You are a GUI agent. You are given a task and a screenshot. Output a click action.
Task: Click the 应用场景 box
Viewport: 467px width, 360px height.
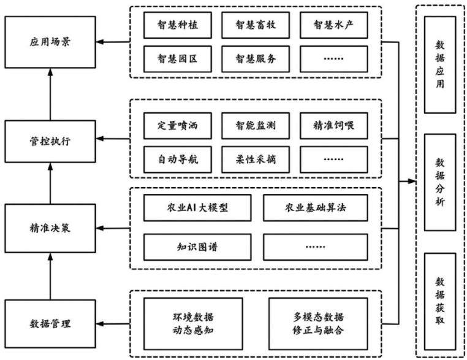[50, 42]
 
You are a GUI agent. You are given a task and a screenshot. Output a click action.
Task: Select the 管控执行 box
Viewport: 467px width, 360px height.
[50, 141]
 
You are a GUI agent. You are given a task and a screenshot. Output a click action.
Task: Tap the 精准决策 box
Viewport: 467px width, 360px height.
[50, 228]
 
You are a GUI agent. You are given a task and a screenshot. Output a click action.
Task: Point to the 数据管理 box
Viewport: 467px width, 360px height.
[50, 324]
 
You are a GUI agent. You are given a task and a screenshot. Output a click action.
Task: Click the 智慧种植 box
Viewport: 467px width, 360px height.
[178, 25]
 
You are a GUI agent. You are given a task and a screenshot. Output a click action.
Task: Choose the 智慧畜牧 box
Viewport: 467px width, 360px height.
[256, 25]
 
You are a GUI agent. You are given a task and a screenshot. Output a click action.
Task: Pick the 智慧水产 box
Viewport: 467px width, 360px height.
[334, 25]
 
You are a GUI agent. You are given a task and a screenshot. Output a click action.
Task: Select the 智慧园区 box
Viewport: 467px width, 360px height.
[178, 59]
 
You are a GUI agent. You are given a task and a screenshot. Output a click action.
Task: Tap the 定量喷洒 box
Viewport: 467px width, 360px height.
[178, 126]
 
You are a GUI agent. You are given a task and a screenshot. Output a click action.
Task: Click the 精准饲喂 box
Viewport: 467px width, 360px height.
[334, 126]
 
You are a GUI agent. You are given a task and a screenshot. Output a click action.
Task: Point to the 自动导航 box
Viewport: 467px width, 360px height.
[178, 159]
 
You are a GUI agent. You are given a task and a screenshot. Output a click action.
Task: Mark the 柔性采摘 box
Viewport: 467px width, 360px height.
[256, 159]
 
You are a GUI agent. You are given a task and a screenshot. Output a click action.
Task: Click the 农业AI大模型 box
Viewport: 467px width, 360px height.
[197, 208]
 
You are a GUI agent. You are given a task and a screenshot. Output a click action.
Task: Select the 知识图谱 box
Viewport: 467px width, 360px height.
[197, 247]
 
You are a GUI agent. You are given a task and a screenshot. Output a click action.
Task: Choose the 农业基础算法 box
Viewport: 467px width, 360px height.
[316, 208]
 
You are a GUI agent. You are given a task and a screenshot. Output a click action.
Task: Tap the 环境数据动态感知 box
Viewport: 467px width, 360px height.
[193, 324]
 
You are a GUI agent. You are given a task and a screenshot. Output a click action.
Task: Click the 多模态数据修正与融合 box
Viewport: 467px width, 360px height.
[319, 324]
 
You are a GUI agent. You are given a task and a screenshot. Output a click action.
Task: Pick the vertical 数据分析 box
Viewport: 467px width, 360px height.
[440, 182]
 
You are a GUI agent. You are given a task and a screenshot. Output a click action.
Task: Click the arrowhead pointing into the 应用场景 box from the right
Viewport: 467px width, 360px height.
[100, 42]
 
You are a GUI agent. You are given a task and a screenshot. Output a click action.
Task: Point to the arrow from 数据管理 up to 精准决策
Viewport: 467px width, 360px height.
[50, 276]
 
